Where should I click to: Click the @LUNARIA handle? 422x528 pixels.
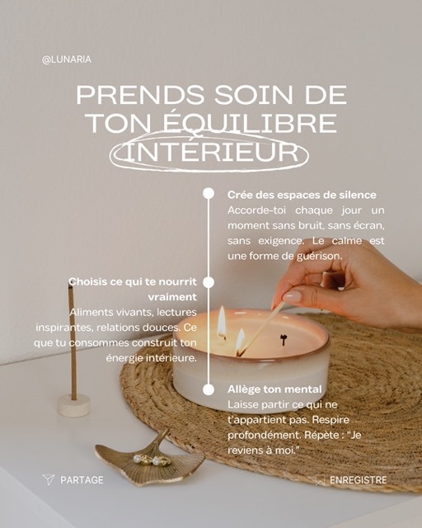(67, 59)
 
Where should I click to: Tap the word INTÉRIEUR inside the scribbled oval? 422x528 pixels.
(211, 152)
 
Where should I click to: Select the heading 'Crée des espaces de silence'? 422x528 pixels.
(302, 195)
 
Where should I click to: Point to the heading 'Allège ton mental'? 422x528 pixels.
(274, 389)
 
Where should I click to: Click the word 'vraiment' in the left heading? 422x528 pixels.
(172, 297)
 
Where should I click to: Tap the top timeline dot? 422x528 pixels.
(209, 194)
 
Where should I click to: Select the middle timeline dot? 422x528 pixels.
(209, 282)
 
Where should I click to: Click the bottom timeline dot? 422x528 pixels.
(209, 389)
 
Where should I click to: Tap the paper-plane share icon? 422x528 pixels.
(49, 479)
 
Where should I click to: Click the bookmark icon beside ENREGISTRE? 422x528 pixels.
(320, 480)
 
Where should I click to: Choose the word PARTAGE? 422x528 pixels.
(82, 480)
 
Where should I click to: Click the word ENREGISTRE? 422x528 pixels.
(358, 480)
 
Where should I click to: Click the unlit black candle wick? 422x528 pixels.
(284, 340)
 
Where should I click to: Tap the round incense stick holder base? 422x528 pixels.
(73, 405)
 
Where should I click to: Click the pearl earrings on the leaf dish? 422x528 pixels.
(148, 460)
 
